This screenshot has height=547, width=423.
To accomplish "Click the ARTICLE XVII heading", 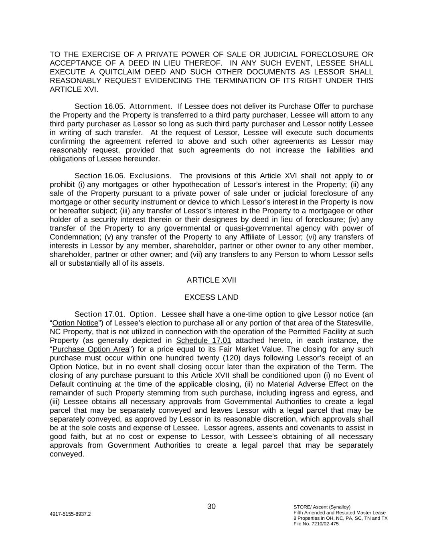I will coord(211,280).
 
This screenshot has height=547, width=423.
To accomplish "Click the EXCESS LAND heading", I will coord(211,297).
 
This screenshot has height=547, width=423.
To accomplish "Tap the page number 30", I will coord(211,507).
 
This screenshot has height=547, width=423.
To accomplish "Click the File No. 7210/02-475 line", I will coord(316,524).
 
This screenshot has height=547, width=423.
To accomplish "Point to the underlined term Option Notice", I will coord(75,323).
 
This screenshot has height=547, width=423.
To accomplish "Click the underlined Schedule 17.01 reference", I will coord(204,341).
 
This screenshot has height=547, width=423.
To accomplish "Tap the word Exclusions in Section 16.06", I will coord(151,176).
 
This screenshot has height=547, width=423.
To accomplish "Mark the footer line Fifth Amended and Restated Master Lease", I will coord(340,513).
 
